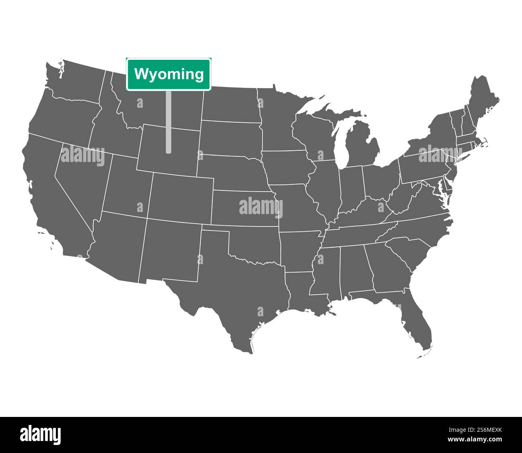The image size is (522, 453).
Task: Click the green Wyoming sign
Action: point(169,74)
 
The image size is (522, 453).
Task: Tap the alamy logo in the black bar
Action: point(40,434)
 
